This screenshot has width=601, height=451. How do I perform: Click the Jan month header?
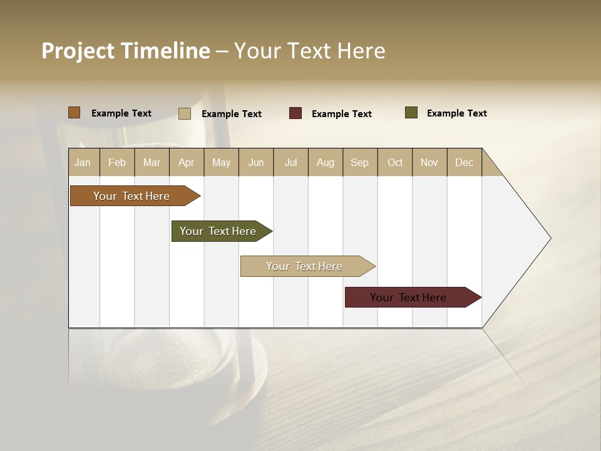pos(83,162)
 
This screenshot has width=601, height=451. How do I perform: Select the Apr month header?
pos(187,162)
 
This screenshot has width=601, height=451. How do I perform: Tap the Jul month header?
pos(291,162)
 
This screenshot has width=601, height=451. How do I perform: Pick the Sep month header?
pos(360,162)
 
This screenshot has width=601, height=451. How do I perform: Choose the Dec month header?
pos(464,162)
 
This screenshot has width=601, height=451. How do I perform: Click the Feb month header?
pos(117,162)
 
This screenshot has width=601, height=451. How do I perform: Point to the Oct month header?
pos(395,162)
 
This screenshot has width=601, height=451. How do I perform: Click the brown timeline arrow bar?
pos(132,196)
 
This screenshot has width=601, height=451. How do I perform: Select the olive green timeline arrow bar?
pos(218,231)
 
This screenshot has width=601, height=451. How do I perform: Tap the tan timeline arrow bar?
pos(305,266)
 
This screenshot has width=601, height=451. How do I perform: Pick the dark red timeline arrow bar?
pos(409,298)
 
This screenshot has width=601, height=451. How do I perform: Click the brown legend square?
pos(74,113)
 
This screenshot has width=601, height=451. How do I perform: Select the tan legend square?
pos(185,113)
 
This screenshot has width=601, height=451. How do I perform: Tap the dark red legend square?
pos(295,113)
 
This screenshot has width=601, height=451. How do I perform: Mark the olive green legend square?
pos(411,113)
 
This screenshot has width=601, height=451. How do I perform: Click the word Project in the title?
pos(78,51)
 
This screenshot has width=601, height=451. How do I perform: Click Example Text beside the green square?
pos(456,113)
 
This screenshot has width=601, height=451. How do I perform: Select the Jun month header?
pos(256,162)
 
